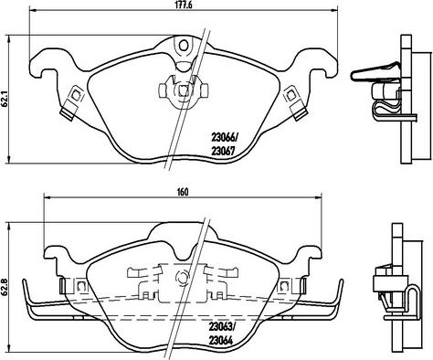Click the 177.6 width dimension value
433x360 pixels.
pyautogui.click(x=184, y=5)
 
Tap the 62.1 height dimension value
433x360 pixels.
pyautogui.click(x=5, y=99)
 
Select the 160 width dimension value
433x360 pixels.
pyautogui.click(x=183, y=192)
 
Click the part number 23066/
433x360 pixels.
pyautogui.click(x=224, y=138)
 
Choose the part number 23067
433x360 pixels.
pyautogui.click(x=223, y=151)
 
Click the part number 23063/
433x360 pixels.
pyautogui.click(x=222, y=327)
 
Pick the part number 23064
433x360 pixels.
pyautogui.click(x=221, y=340)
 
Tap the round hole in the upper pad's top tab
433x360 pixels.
pyautogui.click(x=184, y=46)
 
